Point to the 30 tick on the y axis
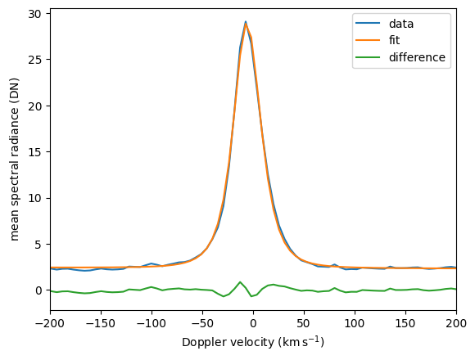[36, 14]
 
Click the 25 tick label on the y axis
[36, 60]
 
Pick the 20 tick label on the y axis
[36, 106]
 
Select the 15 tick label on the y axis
[36, 152]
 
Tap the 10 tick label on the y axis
[36, 198]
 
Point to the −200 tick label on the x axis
[50, 324]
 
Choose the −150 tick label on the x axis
[101, 324]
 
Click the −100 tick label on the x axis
[152, 324]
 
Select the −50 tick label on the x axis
[202, 324]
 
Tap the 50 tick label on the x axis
[304, 324]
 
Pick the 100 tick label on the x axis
[355, 324]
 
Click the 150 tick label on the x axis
[405, 324]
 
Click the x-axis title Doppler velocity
[228, 342]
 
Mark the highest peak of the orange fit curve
[246, 23]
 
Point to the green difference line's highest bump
[240, 282]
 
